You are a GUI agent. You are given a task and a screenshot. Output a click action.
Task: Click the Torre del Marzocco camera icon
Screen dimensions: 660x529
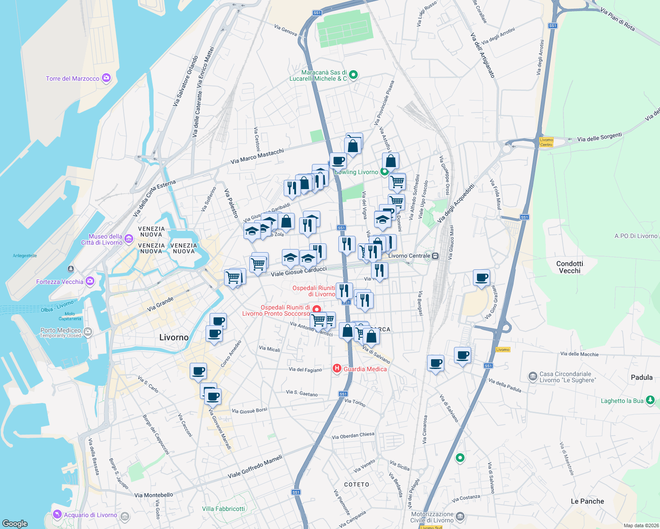pyautogui.click(x=106, y=78)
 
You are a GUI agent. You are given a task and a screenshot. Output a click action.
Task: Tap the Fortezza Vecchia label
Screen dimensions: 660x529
pyautogui.click(x=60, y=282)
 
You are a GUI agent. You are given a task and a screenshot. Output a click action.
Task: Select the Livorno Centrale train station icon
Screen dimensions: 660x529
pyautogui.click(x=435, y=256)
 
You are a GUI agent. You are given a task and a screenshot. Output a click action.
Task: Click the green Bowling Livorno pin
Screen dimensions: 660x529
pyautogui.click(x=384, y=172)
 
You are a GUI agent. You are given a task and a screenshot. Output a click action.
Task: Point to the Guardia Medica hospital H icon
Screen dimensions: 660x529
pyautogui.click(x=337, y=369)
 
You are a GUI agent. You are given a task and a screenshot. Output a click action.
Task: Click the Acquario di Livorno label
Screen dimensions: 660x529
pyautogui.click(x=90, y=515)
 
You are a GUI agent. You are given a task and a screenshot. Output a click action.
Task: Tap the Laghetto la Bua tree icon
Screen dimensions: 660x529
pyautogui.click(x=650, y=400)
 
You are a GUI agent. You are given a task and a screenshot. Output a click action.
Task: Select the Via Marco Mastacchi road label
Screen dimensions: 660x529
pyautogui.click(x=257, y=156)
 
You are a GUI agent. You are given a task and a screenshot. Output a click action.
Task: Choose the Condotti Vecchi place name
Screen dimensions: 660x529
pyautogui.click(x=570, y=267)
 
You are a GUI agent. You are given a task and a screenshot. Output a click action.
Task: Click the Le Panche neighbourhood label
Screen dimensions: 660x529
pyautogui.click(x=587, y=501)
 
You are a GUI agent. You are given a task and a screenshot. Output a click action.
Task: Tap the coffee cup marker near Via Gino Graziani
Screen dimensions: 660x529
pyautogui.click(x=481, y=278)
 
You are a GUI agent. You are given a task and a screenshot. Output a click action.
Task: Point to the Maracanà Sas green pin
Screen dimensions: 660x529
pyautogui.click(x=353, y=75)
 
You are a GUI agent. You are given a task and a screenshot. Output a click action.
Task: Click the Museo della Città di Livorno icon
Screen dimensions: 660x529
pyautogui.click(x=129, y=239)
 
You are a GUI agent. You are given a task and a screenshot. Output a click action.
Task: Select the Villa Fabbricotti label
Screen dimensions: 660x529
pyautogui.click(x=223, y=509)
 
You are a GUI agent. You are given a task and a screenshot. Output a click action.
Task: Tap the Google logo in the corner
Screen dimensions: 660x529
pyautogui.click(x=15, y=524)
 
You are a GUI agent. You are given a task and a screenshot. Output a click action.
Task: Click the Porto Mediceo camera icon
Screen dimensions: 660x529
pyautogui.click(x=88, y=332)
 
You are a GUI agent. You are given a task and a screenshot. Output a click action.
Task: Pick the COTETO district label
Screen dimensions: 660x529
pyautogui.click(x=356, y=484)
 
